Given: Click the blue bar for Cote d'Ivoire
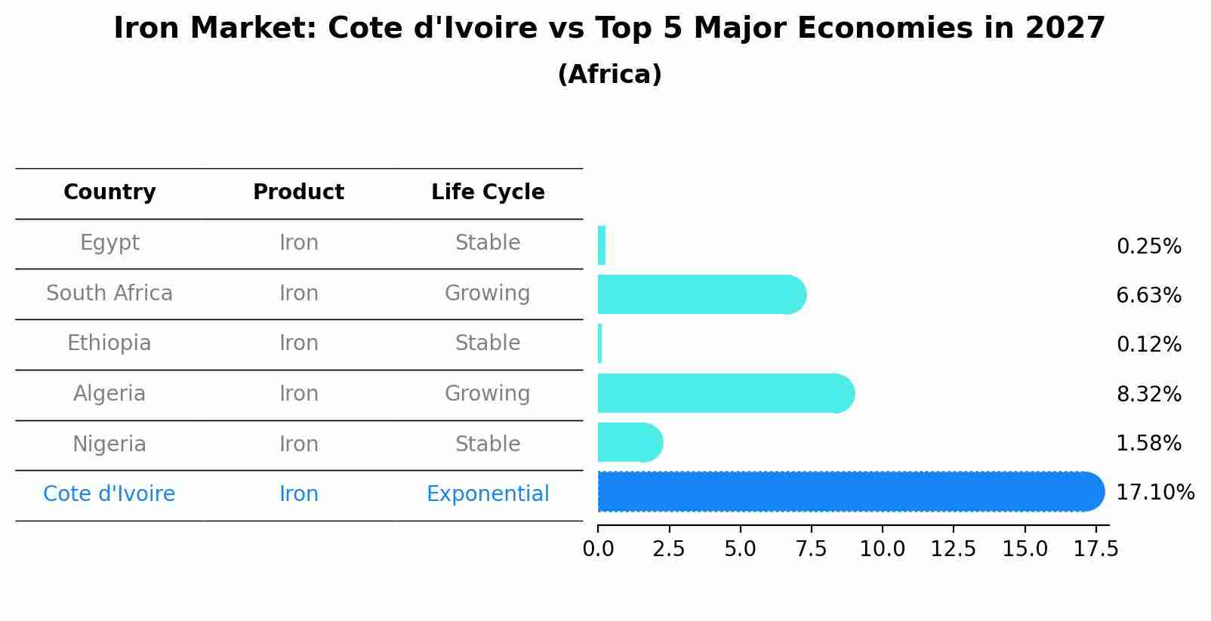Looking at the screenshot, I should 849,492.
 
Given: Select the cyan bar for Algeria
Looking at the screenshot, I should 725,393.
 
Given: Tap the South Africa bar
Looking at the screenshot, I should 701,294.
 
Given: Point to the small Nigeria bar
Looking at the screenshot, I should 630,442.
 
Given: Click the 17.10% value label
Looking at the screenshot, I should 1154,493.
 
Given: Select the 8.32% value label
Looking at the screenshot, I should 1148,394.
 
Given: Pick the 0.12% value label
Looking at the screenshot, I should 1148,345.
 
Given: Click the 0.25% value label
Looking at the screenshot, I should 1148,247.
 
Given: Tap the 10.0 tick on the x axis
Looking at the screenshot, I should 882,549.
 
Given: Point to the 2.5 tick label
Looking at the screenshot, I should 669,549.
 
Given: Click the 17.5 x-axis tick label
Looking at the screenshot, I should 1095,549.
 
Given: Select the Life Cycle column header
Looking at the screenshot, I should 488,192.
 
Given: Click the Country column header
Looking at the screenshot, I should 109,192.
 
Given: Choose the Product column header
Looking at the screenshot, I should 298,192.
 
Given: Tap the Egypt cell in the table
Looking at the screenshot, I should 109,243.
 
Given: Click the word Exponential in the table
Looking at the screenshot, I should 488,494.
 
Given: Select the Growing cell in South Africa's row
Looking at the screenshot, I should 487,293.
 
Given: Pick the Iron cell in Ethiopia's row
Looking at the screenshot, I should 298,343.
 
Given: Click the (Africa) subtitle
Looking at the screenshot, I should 609,75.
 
